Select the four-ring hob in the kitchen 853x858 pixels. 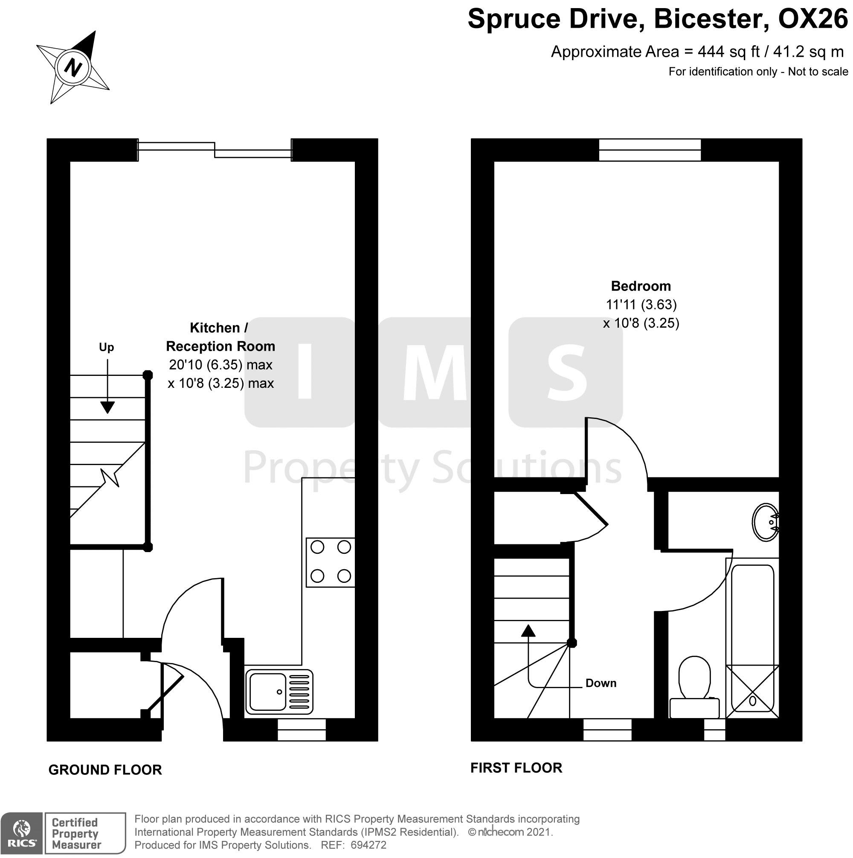coord(331,562)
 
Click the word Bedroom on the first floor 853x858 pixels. coord(641,286)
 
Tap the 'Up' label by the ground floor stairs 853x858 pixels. coord(107,347)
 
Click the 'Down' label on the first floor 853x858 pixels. coord(601,683)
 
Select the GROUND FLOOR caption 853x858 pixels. coord(105,770)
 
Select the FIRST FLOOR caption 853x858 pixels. coord(516,768)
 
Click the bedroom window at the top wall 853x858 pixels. coord(650,150)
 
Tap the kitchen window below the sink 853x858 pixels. coord(302,730)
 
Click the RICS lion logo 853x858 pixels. coord(21,833)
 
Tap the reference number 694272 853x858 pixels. coord(368,845)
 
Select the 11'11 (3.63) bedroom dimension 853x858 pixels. coord(641,305)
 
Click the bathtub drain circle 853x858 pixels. coord(752,701)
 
